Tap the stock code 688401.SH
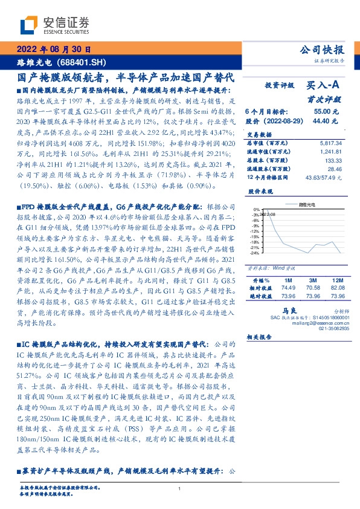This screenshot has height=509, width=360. pos(82,62)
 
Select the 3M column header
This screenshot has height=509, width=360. pos(312,280)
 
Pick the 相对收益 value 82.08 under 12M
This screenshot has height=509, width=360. pos(337,288)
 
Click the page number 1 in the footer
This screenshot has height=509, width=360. pos(179,488)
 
